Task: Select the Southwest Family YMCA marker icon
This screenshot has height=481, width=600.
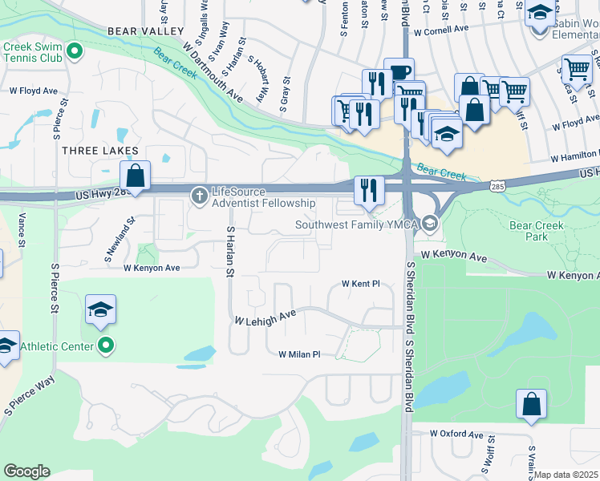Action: pos(430,224)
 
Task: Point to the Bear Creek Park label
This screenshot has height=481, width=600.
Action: pos(537,231)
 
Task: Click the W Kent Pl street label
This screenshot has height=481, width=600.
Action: pos(360,284)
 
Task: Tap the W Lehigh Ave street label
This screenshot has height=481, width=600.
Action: pos(265,319)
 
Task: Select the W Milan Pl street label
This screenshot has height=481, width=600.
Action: pos(299,354)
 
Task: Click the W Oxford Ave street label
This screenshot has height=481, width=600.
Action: pos(458,433)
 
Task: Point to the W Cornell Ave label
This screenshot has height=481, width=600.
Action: pos(441,30)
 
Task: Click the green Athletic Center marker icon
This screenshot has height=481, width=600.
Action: pos(105,346)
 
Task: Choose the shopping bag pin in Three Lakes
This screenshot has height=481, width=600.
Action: pos(136,176)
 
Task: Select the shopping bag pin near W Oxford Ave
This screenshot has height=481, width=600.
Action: pos(531,404)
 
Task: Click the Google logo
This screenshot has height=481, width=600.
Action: pos(26,471)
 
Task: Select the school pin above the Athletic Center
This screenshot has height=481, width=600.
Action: pos(100,309)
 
